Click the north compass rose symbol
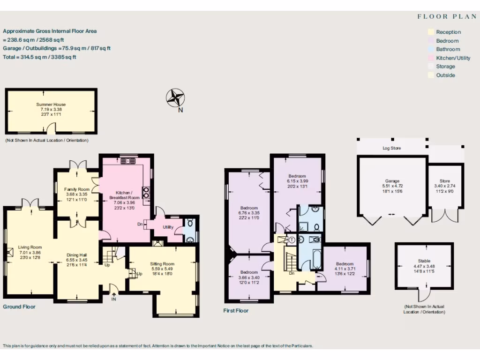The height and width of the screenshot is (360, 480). point(176,98)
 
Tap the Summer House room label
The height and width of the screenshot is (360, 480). point(51,105)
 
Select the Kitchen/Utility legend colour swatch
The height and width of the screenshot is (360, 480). point(430,58)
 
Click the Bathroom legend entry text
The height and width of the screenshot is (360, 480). point(448,49)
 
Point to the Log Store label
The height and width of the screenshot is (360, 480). point(391,148)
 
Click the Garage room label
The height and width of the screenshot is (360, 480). point(392,181)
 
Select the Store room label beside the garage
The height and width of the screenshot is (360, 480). point(445,181)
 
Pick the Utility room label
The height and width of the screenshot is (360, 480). point(168,227)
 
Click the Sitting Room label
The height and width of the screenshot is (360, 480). point(162,264)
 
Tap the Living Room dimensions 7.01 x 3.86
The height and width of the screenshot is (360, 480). point(30,252)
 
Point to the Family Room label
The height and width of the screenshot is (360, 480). point(76,189)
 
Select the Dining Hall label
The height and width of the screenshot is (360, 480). point(77,255)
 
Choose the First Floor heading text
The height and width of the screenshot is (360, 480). point(236,311)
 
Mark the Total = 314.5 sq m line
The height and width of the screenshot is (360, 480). point(40,57)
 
